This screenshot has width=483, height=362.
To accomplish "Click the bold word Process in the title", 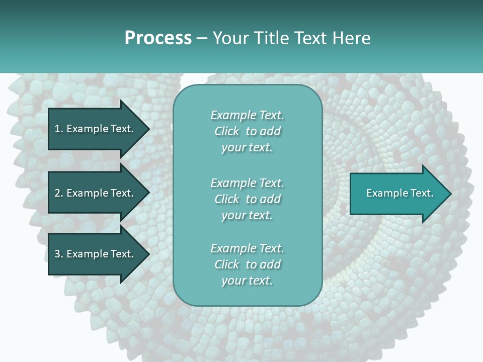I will pyautogui.click(x=158, y=38).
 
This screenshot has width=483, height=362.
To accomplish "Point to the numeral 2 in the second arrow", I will pyautogui.click(x=57, y=193).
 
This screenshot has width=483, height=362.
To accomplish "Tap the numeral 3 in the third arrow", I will pyautogui.click(x=57, y=254).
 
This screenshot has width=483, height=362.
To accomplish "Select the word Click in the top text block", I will pyautogui.click(x=226, y=132).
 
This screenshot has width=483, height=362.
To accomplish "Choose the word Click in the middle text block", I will pyautogui.click(x=226, y=199).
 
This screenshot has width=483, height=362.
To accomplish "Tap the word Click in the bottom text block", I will pyautogui.click(x=226, y=264).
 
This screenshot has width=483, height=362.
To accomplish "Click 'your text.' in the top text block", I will pyautogui.click(x=247, y=148).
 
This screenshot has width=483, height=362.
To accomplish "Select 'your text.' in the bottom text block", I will pyautogui.click(x=247, y=281).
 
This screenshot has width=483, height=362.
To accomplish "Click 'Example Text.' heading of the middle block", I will pyautogui.click(x=247, y=183).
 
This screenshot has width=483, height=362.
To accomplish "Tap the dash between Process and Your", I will pyautogui.click(x=202, y=39).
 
